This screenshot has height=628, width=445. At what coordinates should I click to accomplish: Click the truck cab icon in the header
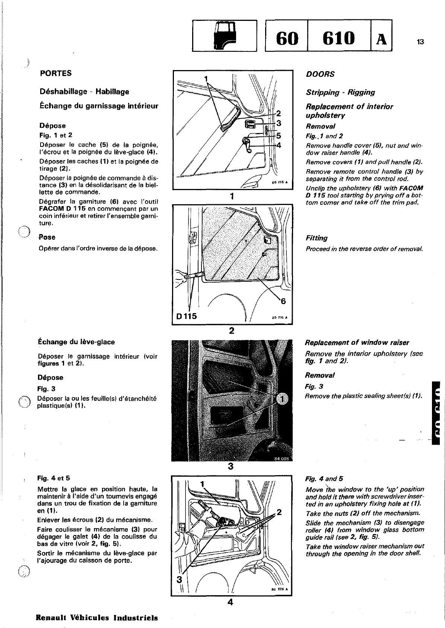(224, 35)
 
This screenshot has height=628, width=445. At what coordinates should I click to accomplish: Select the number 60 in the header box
(287, 37)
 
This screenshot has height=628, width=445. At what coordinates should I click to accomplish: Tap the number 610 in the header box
(339, 37)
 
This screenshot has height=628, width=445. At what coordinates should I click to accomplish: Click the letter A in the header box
(381, 38)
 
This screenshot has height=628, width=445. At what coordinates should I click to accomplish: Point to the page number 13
(420, 42)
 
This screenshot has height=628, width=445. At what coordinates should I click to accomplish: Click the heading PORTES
(56, 73)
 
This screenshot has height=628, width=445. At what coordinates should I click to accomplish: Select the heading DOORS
(320, 74)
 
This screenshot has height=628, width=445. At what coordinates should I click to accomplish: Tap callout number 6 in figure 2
(283, 300)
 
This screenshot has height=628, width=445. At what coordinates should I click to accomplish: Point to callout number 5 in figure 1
(278, 136)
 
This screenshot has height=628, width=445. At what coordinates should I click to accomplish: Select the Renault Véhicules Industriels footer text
(96, 617)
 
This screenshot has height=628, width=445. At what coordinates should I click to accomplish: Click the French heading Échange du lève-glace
(76, 342)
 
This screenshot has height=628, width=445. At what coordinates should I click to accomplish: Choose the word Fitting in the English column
(317, 238)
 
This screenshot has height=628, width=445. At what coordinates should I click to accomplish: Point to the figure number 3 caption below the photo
(231, 466)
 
